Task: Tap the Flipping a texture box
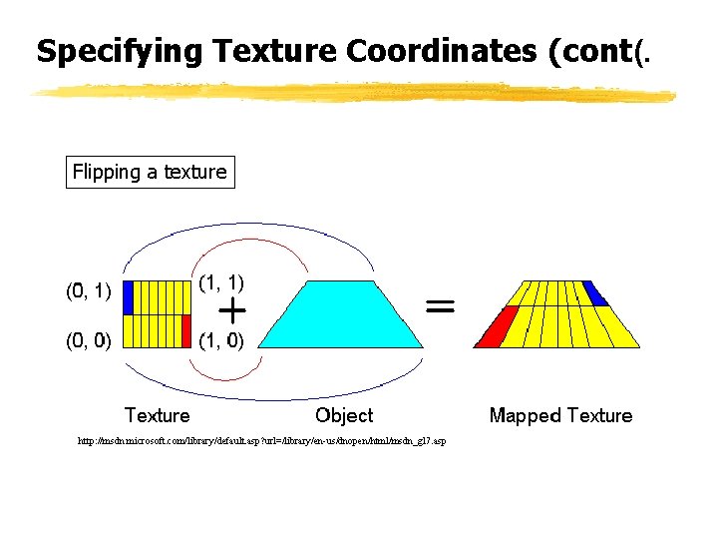(150, 172)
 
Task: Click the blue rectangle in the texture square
(128, 297)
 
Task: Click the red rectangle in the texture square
(185, 329)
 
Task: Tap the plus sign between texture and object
(232, 311)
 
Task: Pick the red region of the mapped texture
(494, 327)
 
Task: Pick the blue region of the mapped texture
(594, 292)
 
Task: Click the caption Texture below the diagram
(157, 415)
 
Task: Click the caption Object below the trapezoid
(344, 415)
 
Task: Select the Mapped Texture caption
(560, 415)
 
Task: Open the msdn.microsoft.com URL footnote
(262, 440)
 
